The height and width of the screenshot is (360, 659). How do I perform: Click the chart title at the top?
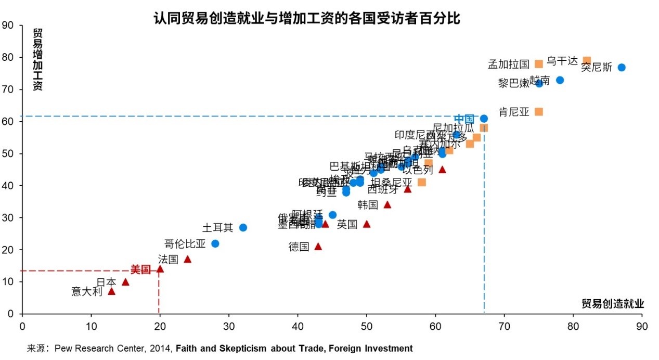point(307,19)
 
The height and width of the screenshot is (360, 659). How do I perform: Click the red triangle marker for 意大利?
point(111,291)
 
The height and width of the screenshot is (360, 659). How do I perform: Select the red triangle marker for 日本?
point(125,282)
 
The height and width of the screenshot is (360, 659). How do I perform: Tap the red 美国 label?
point(140,269)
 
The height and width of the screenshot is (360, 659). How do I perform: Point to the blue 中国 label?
point(463,119)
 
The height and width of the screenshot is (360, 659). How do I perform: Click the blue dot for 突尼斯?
point(621,68)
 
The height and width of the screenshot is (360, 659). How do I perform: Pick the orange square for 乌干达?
point(587,61)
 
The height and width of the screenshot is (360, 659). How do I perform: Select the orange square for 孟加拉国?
point(539,64)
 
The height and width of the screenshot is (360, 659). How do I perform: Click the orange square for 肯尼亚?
point(539,112)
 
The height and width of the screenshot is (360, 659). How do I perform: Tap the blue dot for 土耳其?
point(243,228)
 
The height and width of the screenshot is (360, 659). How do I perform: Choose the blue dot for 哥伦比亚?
point(215,243)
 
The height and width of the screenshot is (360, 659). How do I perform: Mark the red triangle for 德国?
point(318,247)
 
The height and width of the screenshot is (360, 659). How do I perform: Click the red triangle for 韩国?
point(387,205)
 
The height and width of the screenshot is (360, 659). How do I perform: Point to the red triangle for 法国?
point(188,259)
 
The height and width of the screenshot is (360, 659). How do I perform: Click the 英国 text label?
point(347,224)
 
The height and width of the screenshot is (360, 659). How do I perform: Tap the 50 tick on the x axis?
point(367,326)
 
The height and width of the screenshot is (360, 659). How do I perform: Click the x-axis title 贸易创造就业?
point(612,304)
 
